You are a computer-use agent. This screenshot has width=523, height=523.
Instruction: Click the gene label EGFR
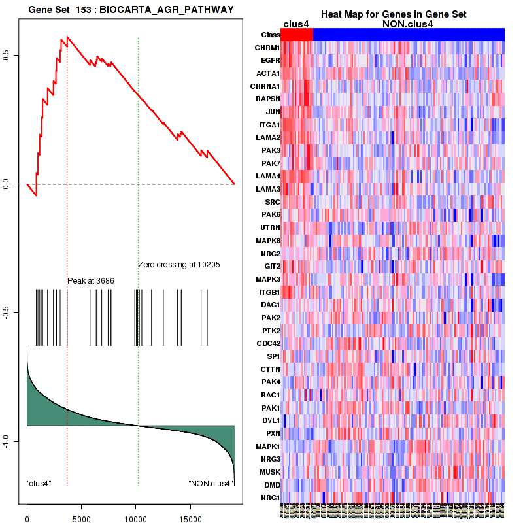coord(270,60)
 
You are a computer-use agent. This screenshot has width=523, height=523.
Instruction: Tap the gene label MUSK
coord(269,472)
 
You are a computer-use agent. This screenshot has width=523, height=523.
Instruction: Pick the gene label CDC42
coord(268,343)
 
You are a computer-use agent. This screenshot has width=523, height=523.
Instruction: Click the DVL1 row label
coord(270,420)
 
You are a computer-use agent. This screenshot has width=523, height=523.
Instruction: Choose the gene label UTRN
coord(269,228)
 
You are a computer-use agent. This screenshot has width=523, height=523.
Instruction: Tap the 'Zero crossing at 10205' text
coord(178,265)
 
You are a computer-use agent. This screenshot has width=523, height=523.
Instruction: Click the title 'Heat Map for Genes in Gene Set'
coord(393,14)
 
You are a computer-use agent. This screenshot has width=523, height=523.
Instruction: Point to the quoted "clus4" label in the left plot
coord(39,484)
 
